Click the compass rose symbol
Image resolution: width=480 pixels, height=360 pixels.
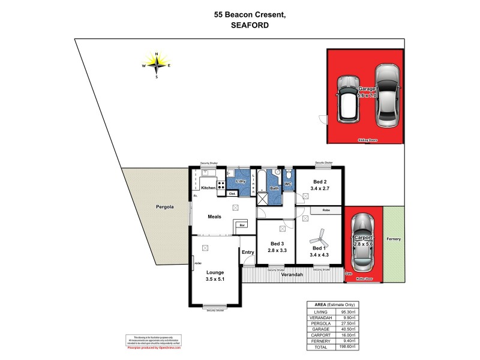[x=157, y=65]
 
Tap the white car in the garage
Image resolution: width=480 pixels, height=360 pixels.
[x=348, y=99]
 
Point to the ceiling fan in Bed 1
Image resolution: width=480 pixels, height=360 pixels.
[x=319, y=236]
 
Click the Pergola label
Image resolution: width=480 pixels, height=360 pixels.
[x=163, y=207]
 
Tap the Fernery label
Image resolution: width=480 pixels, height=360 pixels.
[x=394, y=239]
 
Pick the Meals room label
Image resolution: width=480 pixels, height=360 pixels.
[x=215, y=217]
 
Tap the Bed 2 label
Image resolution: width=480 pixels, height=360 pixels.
[x=320, y=182]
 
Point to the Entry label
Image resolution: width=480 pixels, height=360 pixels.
[x=248, y=252]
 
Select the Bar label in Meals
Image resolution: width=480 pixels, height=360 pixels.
[x=243, y=225]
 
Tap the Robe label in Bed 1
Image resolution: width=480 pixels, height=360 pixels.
[x=326, y=210]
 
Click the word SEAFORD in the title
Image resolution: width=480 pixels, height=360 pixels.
[x=249, y=26]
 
